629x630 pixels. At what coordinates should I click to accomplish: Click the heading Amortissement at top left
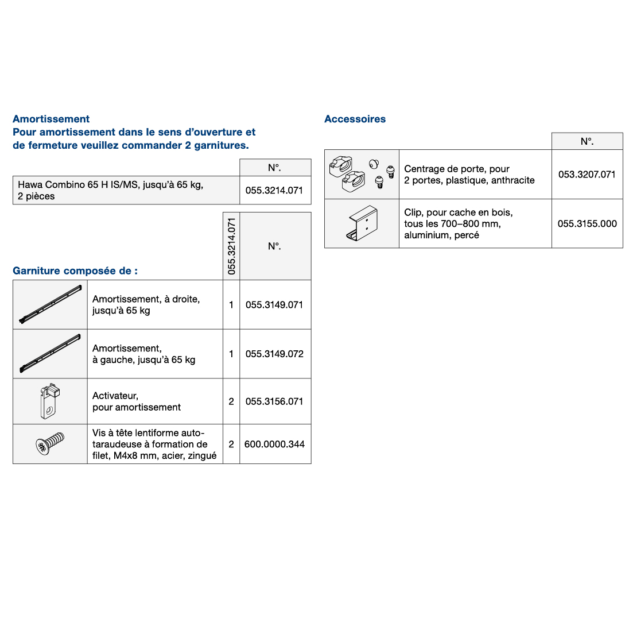[x=51, y=119]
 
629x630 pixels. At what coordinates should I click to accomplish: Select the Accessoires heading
[x=355, y=119]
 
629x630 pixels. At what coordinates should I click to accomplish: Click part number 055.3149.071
[x=274, y=305]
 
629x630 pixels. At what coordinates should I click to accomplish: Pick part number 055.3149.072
[x=274, y=354]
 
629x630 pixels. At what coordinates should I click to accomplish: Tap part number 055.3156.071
[x=274, y=401]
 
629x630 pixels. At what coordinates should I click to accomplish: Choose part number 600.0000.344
[x=274, y=444]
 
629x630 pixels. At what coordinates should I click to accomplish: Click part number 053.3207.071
[x=587, y=174]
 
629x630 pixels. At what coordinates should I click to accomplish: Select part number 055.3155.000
[x=587, y=223]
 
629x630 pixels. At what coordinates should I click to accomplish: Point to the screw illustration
[x=49, y=444]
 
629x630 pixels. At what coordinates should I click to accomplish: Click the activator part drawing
[x=50, y=401]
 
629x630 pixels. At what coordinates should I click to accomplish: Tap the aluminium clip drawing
[x=362, y=223]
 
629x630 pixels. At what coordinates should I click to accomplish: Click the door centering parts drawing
[x=362, y=174]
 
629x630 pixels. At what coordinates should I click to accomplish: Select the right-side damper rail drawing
[x=50, y=304]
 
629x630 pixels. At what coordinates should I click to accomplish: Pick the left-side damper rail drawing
[x=50, y=353]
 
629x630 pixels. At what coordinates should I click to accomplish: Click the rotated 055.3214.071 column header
[x=231, y=246]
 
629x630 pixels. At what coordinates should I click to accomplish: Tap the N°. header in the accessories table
[x=587, y=141]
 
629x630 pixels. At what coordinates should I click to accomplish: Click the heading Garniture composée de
[x=75, y=270]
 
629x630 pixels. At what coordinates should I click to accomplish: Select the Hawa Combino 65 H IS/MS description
[x=110, y=190]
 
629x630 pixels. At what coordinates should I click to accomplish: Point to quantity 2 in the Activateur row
[x=231, y=401]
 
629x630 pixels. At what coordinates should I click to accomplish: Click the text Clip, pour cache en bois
[x=458, y=212]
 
